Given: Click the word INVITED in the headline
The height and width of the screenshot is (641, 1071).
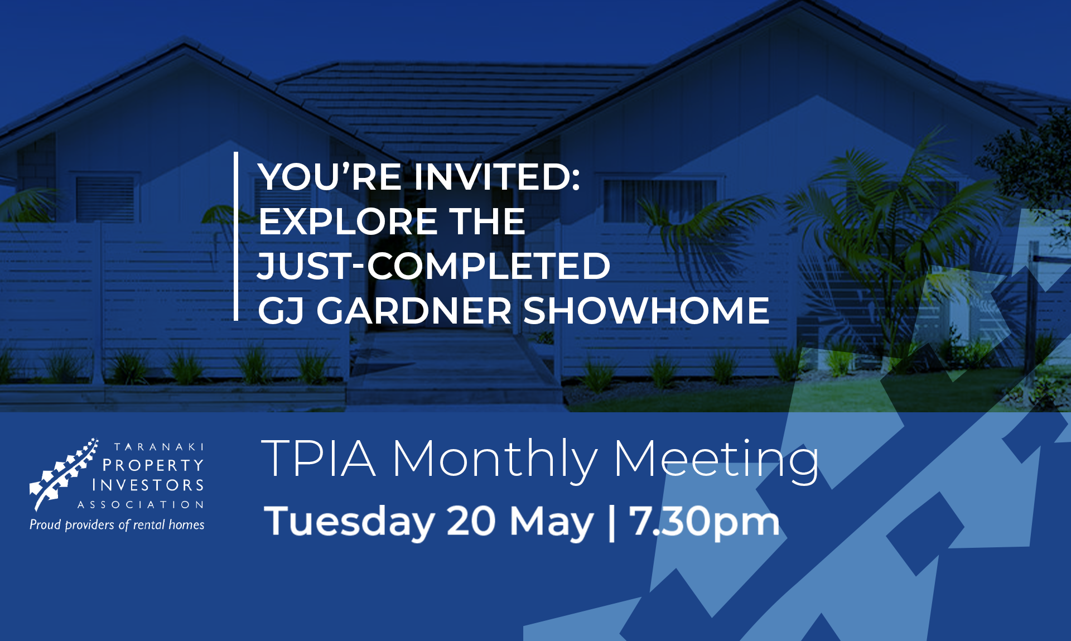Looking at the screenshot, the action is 497,177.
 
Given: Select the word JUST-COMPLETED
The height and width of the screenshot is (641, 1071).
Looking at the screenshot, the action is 434,266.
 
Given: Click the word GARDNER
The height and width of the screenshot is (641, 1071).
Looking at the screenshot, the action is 414,311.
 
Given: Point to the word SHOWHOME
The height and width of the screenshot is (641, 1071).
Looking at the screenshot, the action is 646,311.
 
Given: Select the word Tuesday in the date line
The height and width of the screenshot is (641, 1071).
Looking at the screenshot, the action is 349,522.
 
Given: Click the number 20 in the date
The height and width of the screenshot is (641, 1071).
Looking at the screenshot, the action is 471,521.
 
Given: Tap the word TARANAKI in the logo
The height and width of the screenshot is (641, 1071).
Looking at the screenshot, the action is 159,447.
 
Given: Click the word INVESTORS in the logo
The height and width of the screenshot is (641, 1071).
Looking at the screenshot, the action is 148,485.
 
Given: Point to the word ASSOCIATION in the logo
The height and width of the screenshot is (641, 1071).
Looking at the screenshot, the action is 141,505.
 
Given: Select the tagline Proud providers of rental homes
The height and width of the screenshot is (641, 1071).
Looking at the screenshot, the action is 117,525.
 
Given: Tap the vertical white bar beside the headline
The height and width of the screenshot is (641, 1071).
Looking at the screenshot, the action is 236,236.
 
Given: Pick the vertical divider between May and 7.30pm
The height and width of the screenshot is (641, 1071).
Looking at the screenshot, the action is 612,522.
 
